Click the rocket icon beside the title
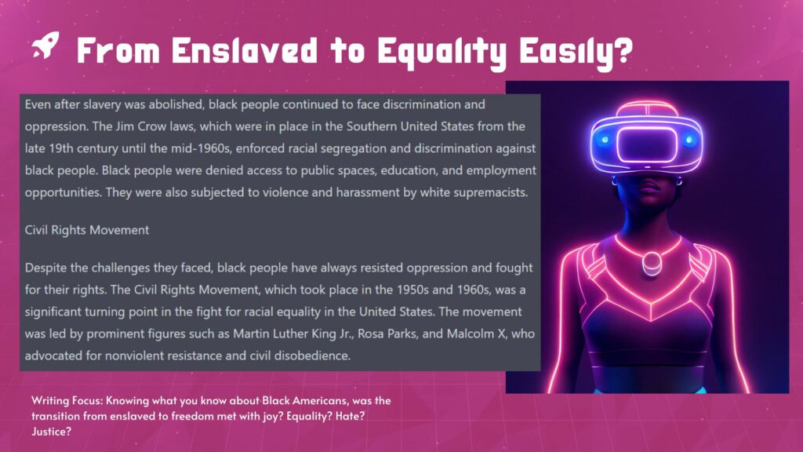pos(45,45)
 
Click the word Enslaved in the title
pos(245,50)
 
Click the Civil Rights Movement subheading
pos(87,230)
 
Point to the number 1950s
pos(412,290)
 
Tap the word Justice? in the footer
pos(51,432)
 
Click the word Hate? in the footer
pos(350,416)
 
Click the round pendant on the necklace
pos(652,262)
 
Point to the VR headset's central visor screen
pos(647,144)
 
